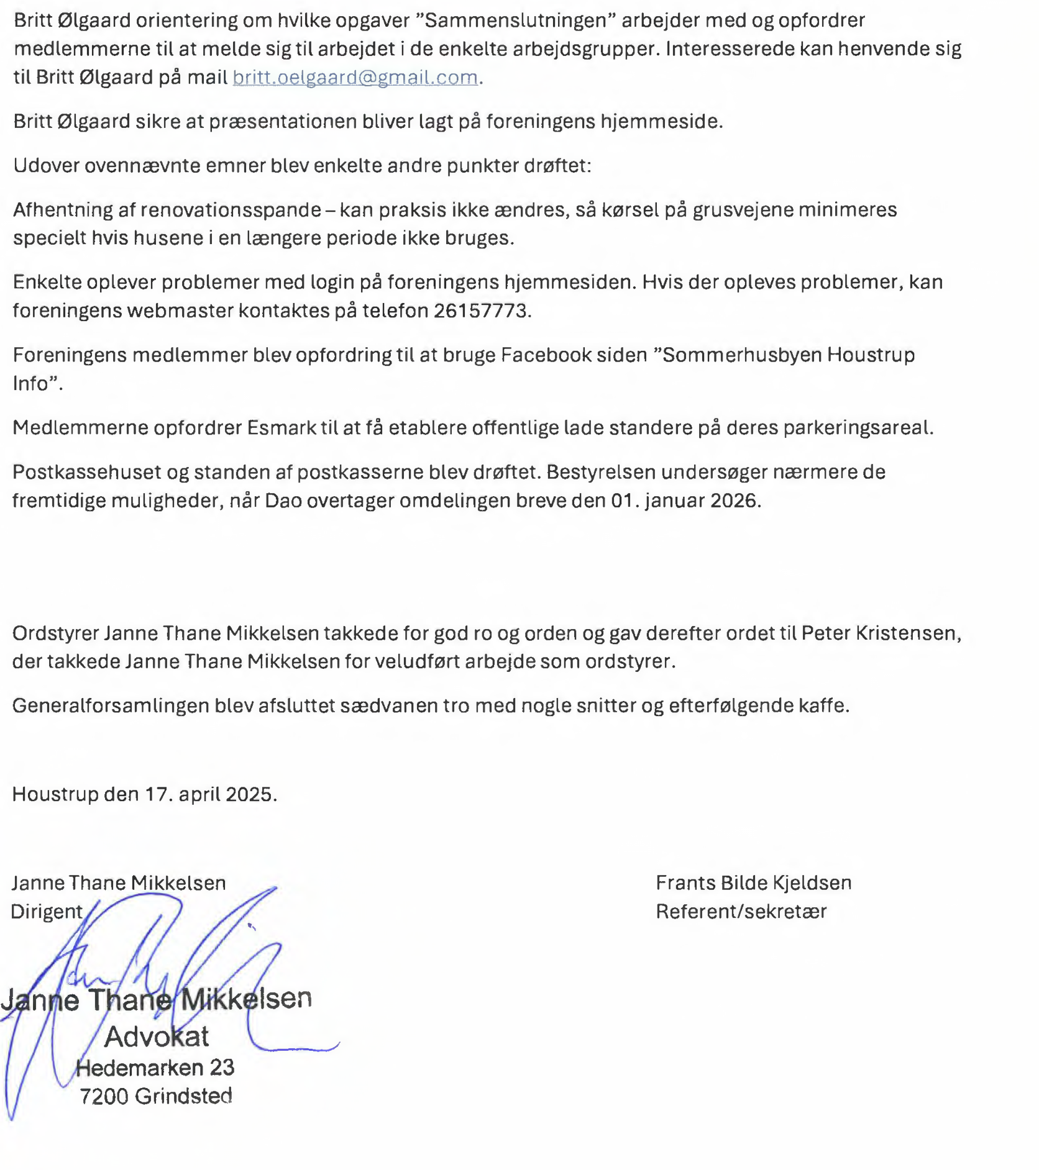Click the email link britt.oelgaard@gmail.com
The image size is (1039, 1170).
[x=355, y=77]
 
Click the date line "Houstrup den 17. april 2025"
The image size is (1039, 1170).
[x=144, y=794]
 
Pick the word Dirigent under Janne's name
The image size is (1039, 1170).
[x=47, y=911]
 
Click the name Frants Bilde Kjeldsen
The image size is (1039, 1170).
[x=753, y=882]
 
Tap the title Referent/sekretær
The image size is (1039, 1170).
[x=741, y=911]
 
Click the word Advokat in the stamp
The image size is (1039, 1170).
[x=157, y=1036]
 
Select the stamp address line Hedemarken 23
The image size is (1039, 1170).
[x=155, y=1068]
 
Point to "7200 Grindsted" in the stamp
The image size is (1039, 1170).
[x=155, y=1095]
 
